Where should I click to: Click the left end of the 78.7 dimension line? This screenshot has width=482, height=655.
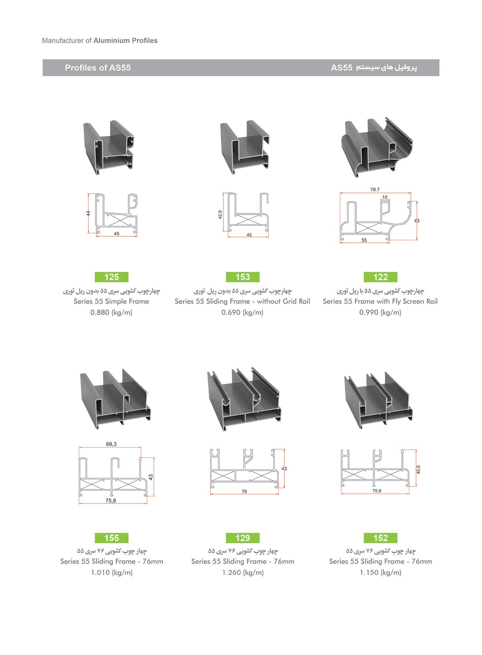tap(340, 193)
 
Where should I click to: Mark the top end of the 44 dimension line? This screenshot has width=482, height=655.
tap(88, 194)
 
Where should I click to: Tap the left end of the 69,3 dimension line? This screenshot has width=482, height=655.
tap(79, 447)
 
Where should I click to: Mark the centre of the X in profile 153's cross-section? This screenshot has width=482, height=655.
tap(247, 219)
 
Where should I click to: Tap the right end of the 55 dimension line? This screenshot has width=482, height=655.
tap(389, 243)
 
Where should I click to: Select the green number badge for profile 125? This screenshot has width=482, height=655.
tap(112, 277)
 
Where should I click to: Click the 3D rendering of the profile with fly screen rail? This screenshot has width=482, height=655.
tap(377, 147)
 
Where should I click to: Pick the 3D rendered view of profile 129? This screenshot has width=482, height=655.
tap(244, 399)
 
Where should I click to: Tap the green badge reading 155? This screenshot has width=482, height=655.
tap(112, 538)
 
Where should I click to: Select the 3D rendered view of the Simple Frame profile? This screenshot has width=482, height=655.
tap(109, 147)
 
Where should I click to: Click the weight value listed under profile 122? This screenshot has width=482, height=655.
tap(380, 312)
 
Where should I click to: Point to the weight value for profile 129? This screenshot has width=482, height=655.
tap(243, 572)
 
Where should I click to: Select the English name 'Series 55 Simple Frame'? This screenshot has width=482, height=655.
tap(111, 301)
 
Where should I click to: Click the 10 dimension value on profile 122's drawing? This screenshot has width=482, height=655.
tap(385, 197)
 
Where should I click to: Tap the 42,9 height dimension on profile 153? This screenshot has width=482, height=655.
tap(220, 215)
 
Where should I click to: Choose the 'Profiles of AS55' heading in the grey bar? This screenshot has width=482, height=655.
tap(98, 68)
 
